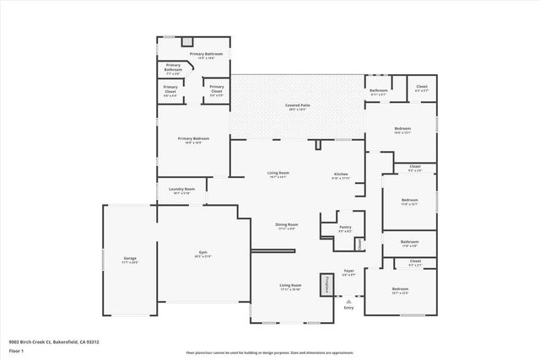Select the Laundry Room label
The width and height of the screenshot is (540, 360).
(181, 189)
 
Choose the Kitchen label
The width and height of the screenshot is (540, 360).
(340, 175)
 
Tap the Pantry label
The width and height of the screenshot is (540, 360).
(344, 227)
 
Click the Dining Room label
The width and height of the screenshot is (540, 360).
(287, 224)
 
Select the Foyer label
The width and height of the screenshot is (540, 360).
(348, 271)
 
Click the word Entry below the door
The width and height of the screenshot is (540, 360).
(349, 307)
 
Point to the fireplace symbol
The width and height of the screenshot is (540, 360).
(322, 284)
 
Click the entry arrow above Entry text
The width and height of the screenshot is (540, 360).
(349, 298)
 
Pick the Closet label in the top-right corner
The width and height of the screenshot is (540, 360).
(422, 87)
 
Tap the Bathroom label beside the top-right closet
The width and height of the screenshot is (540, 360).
(378, 91)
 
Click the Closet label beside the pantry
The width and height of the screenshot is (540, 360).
(359, 244)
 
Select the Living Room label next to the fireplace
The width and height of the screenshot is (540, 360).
(291, 286)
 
